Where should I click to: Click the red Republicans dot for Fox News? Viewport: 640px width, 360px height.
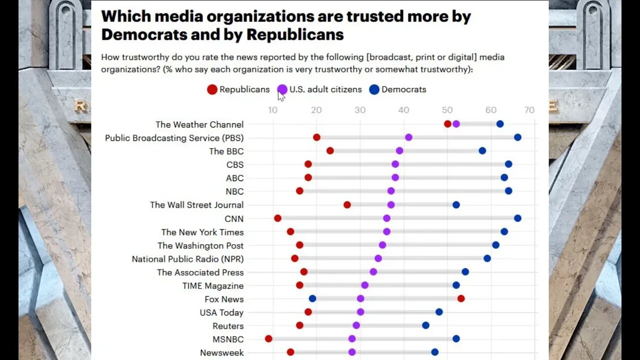click(x=460, y=298)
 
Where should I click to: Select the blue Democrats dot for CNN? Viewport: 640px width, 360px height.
click(x=517, y=218)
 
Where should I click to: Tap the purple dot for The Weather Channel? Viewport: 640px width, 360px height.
click(x=456, y=124)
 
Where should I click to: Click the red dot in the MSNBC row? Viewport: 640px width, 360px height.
click(x=268, y=338)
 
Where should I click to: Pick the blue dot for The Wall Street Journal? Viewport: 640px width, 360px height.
click(x=456, y=204)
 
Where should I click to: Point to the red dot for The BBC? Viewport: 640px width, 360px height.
click(x=330, y=151)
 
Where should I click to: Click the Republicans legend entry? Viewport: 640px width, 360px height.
click(x=238, y=89)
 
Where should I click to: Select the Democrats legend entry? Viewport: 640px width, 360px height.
click(x=397, y=89)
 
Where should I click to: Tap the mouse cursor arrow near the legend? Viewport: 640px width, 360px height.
click(x=281, y=95)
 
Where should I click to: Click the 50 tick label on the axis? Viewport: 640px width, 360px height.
click(x=447, y=110)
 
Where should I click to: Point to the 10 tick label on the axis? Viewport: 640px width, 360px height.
click(x=273, y=110)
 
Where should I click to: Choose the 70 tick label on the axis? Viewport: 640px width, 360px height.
click(x=529, y=110)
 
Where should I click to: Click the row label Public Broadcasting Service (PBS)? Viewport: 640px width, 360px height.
click(x=174, y=137)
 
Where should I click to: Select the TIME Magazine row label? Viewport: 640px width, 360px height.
click(x=213, y=285)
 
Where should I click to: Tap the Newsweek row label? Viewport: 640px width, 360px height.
click(x=221, y=352)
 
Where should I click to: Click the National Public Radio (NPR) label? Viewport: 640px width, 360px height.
click(x=187, y=258)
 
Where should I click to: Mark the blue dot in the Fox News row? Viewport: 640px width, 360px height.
click(x=312, y=298)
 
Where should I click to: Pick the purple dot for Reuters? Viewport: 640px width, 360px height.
click(x=356, y=325)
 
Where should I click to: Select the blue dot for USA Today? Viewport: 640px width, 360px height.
click(x=439, y=312)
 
